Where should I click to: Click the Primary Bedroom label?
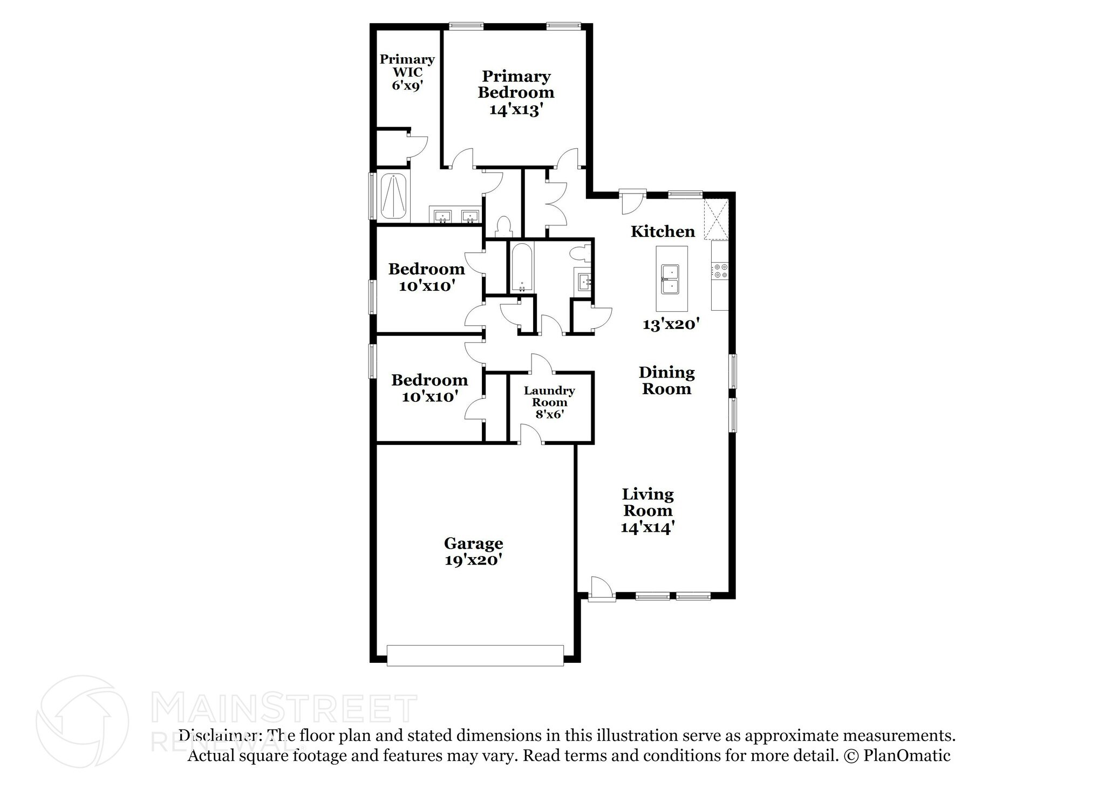(x=515, y=92)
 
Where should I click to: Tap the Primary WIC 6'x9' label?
(x=407, y=72)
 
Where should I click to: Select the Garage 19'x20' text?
(x=473, y=551)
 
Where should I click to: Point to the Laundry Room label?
(x=549, y=402)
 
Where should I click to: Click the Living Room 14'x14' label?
(x=647, y=510)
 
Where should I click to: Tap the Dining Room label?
(x=666, y=380)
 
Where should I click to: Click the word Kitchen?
(x=663, y=231)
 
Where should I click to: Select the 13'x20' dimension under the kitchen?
(x=671, y=324)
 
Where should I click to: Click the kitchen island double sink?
(x=671, y=279)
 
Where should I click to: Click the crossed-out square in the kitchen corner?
(x=716, y=219)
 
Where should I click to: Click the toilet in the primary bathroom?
(x=503, y=226)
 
